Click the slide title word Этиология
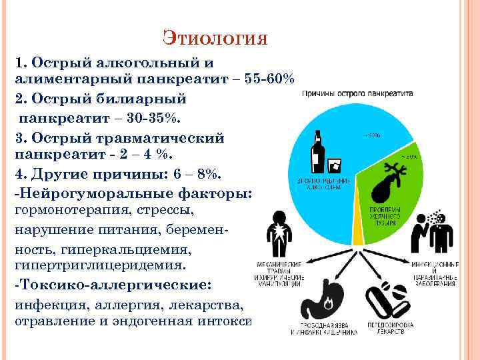[215, 37]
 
